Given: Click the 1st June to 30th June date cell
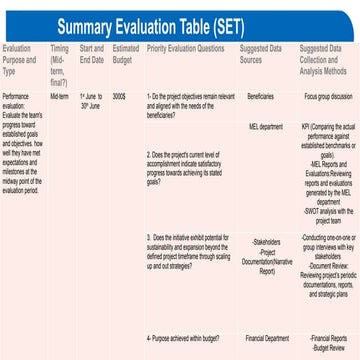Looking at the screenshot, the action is point(91,100).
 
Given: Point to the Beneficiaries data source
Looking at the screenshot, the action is point(260,96).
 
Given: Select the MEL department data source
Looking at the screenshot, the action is point(264,127).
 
